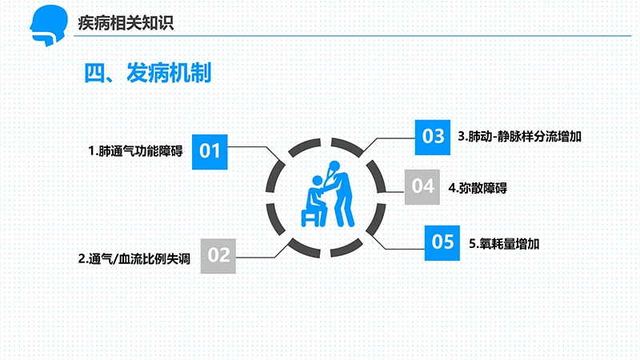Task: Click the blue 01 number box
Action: (210, 150)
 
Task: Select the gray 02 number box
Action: (219, 255)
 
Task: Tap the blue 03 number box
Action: (433, 136)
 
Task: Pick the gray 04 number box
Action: (422, 186)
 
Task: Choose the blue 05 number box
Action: (442, 242)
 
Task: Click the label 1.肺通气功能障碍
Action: (135, 150)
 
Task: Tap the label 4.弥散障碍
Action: (477, 188)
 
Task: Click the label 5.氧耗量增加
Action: (505, 242)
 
